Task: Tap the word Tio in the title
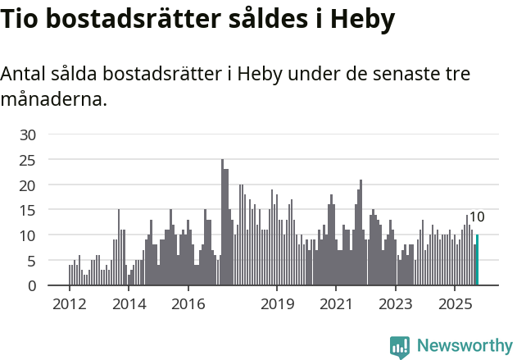(x=22, y=20)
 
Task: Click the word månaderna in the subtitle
(x=53, y=100)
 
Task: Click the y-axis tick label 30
(x=28, y=134)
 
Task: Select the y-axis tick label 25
(x=28, y=160)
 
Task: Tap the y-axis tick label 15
(x=28, y=210)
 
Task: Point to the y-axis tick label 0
(x=32, y=285)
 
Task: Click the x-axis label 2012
(x=69, y=303)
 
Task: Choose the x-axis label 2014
(x=129, y=303)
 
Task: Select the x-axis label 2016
(x=188, y=303)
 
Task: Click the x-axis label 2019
(x=277, y=303)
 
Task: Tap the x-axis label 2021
(x=336, y=303)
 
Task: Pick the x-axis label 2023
(x=396, y=303)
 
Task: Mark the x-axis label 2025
(x=455, y=303)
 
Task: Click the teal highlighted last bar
(x=477, y=261)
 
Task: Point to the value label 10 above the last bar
(x=477, y=217)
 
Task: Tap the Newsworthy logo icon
(x=400, y=346)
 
